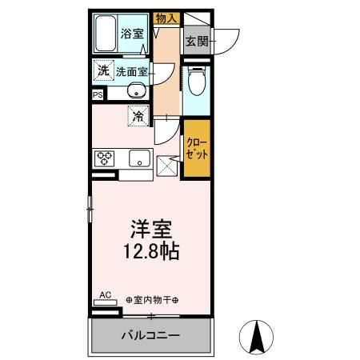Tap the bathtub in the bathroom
106,34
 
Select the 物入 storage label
166,16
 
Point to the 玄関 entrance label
196,42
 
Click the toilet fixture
196,82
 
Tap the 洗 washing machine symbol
102,70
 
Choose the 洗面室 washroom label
130,71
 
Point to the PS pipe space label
98,94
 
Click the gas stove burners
105,158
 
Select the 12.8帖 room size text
150,251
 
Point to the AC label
105,295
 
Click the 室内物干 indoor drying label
152,300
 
